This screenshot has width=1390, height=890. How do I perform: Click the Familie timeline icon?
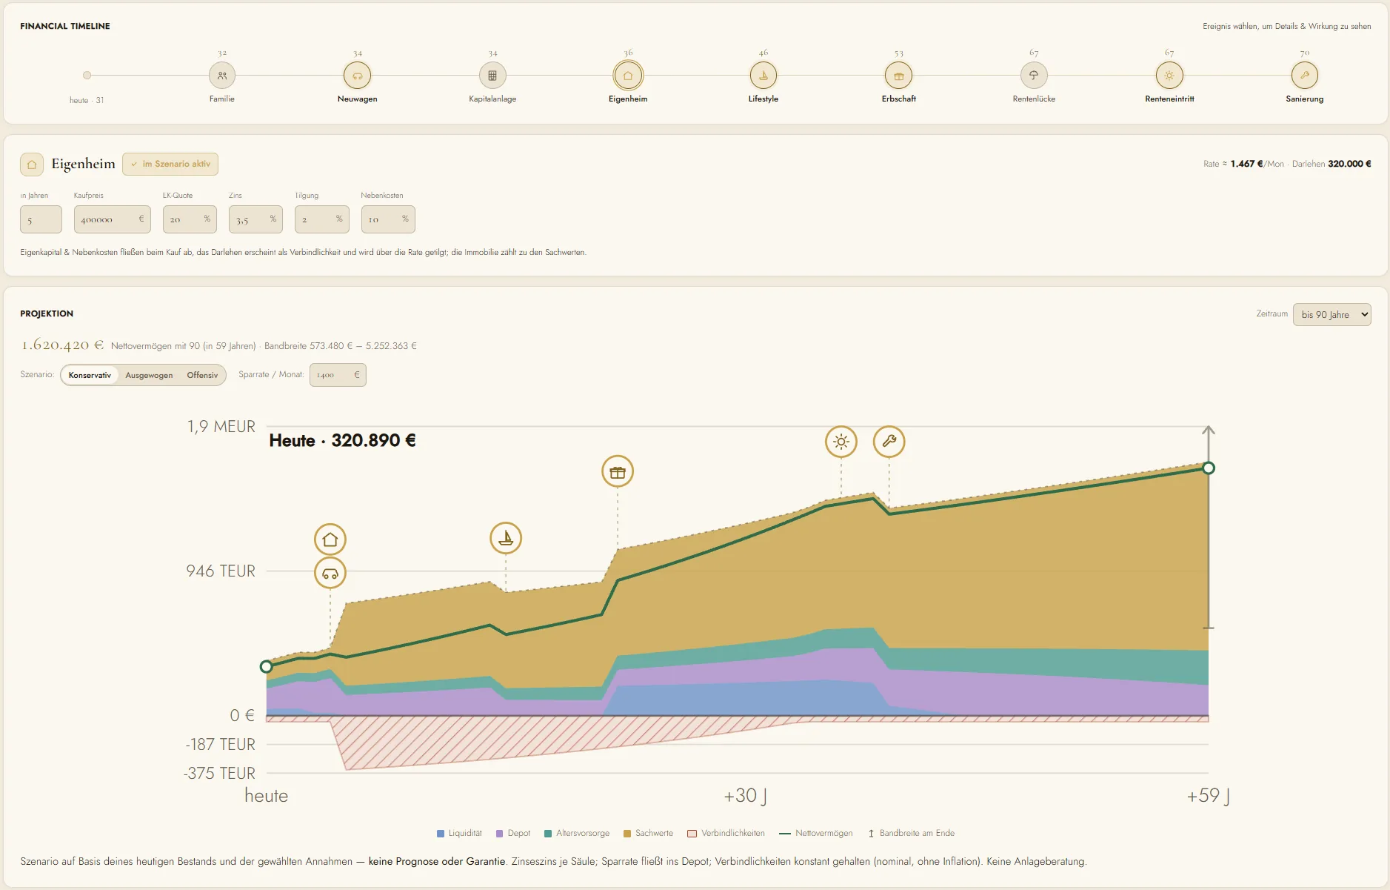coord(222,75)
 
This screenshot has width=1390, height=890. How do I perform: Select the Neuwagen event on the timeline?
coord(358,75)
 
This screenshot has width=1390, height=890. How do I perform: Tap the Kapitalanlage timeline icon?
coord(492,75)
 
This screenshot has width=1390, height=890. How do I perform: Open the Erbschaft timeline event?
coord(899,75)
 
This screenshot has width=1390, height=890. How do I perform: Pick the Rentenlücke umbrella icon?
coord(1034,75)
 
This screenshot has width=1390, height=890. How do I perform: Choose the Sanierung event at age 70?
coord(1305,75)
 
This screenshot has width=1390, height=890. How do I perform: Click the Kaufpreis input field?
coord(113,219)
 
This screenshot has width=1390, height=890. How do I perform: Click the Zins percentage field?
coord(255,219)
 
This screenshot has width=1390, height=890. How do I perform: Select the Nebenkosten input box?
coord(388,219)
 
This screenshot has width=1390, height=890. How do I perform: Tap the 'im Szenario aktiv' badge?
coord(170,164)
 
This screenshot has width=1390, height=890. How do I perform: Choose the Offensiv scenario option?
coord(202,375)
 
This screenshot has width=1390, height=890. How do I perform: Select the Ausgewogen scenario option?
coord(149,375)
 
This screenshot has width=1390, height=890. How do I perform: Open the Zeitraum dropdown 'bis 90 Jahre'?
coord(1332,314)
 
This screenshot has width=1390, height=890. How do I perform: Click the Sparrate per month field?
coord(338,375)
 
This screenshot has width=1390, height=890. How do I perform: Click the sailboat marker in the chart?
coord(506,538)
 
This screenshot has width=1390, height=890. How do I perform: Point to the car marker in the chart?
coord(330,573)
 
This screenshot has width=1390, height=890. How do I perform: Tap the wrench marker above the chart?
coord(889,442)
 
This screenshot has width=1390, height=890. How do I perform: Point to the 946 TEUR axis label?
coord(221,571)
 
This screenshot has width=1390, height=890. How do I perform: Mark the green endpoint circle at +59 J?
coord(1209,468)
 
